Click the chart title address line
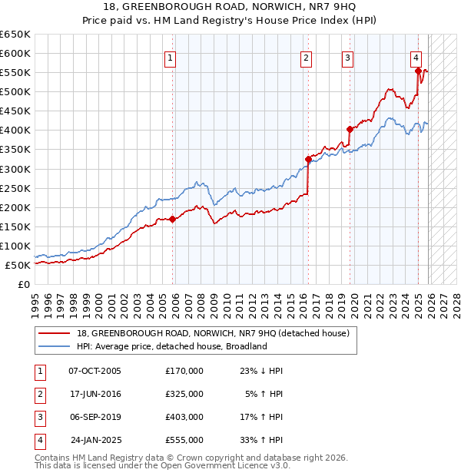[x=230, y=7]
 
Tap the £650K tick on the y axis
[x=15, y=35]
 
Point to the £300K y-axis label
[x=15, y=169]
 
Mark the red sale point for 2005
[x=172, y=219]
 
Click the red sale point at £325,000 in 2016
[x=308, y=159]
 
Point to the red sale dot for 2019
[x=350, y=129]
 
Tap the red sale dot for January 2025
[x=419, y=71]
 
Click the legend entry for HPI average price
[x=171, y=346]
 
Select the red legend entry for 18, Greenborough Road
[x=213, y=333]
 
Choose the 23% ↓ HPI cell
[x=263, y=371]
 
